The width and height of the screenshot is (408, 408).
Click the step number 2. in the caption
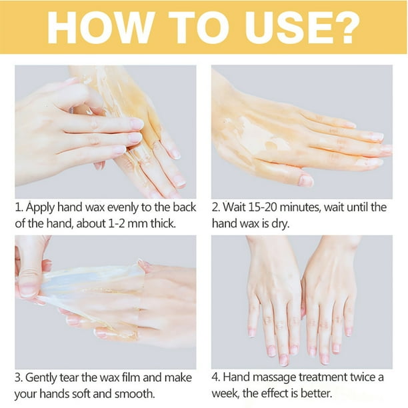(217, 207)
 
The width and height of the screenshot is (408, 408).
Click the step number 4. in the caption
(217, 377)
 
